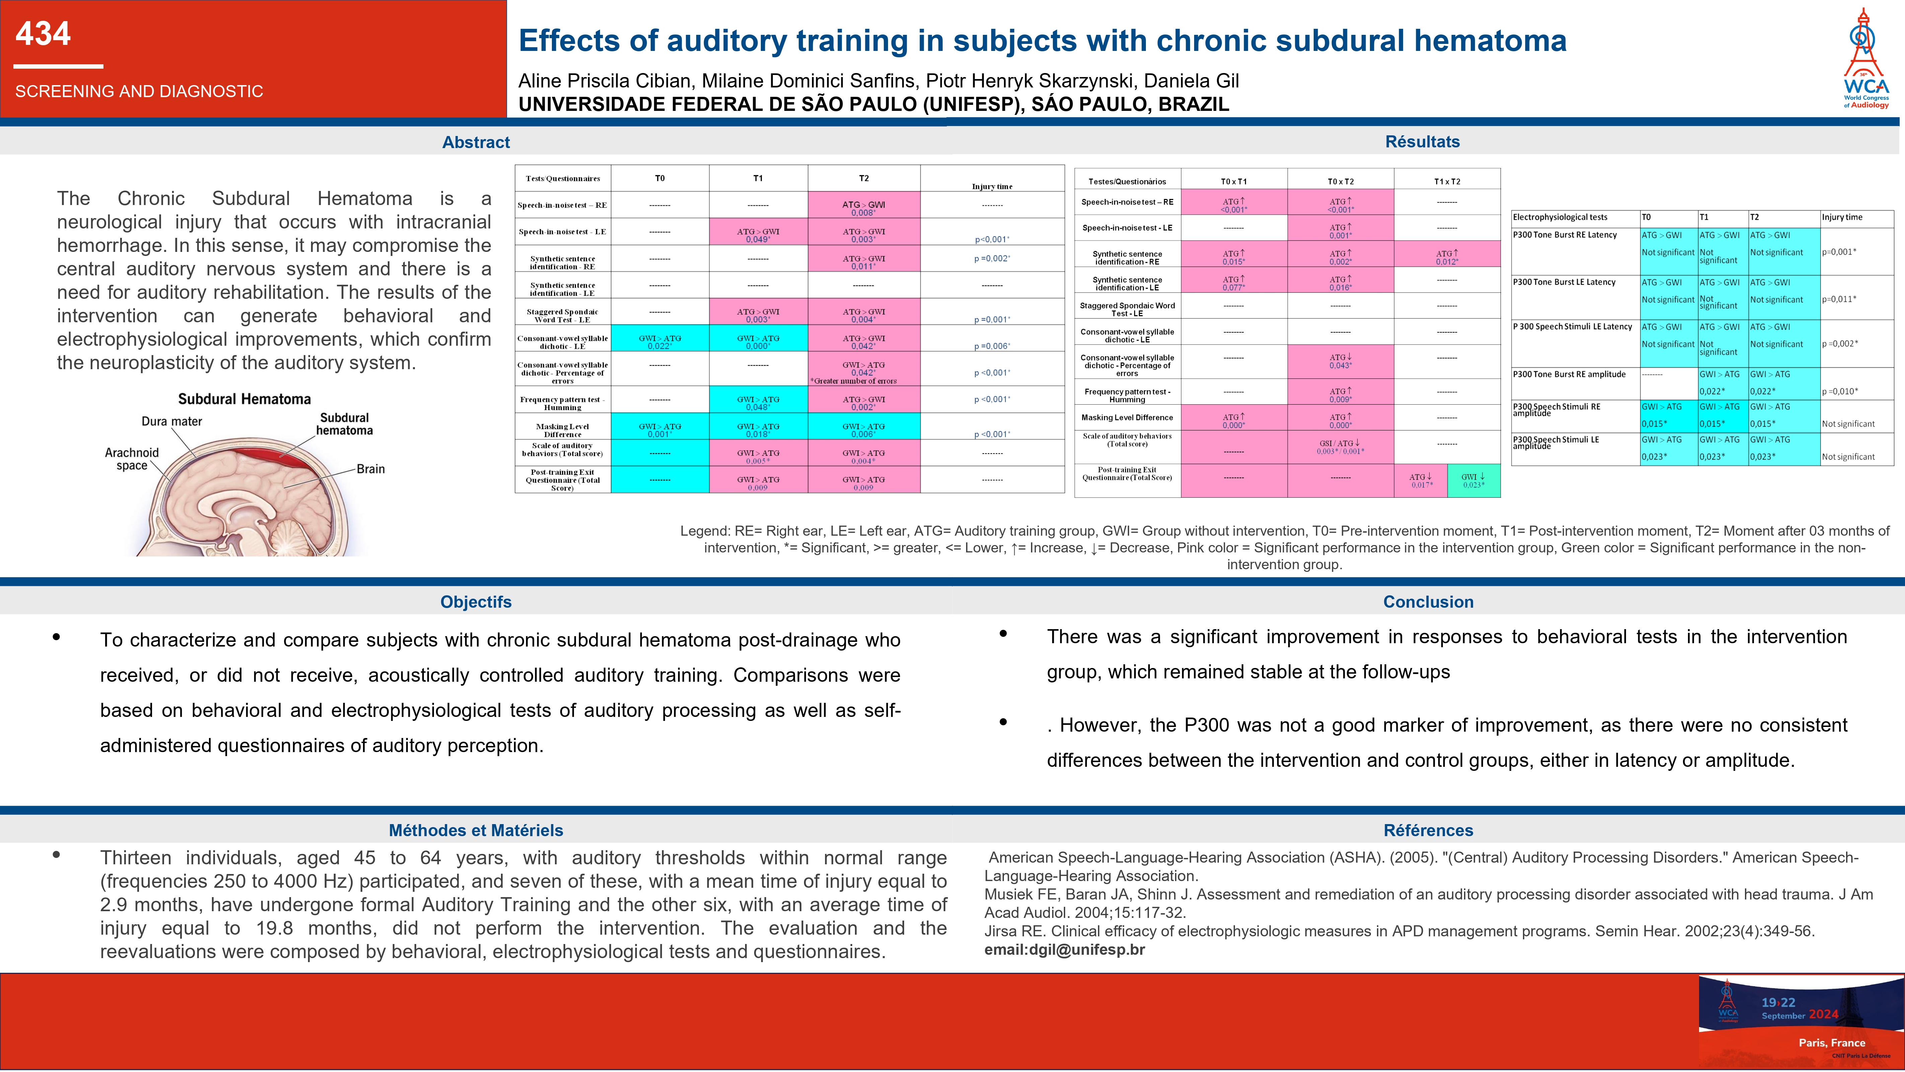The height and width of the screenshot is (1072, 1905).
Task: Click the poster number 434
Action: coord(43,34)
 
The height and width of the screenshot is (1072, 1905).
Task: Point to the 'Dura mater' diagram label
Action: coord(171,422)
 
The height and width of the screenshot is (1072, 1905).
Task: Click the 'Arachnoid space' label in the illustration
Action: coord(132,459)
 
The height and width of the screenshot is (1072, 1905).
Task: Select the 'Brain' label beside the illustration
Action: coord(370,469)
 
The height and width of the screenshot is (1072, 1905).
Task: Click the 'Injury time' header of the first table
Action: coord(992,187)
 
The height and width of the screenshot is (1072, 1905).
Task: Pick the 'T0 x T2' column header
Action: coord(1340,181)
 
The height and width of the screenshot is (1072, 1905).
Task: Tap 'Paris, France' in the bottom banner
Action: coord(1832,1043)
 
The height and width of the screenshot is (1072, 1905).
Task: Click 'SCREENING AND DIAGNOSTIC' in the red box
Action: coord(139,92)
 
